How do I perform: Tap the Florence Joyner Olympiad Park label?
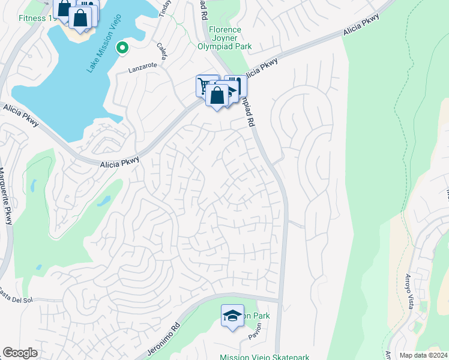click(x=224, y=38)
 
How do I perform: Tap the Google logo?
click(x=20, y=353)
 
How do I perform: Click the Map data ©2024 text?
click(x=423, y=355)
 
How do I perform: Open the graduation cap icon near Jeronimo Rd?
click(x=232, y=316)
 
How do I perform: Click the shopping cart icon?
click(x=205, y=86)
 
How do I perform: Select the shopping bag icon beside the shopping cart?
click(x=217, y=95)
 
